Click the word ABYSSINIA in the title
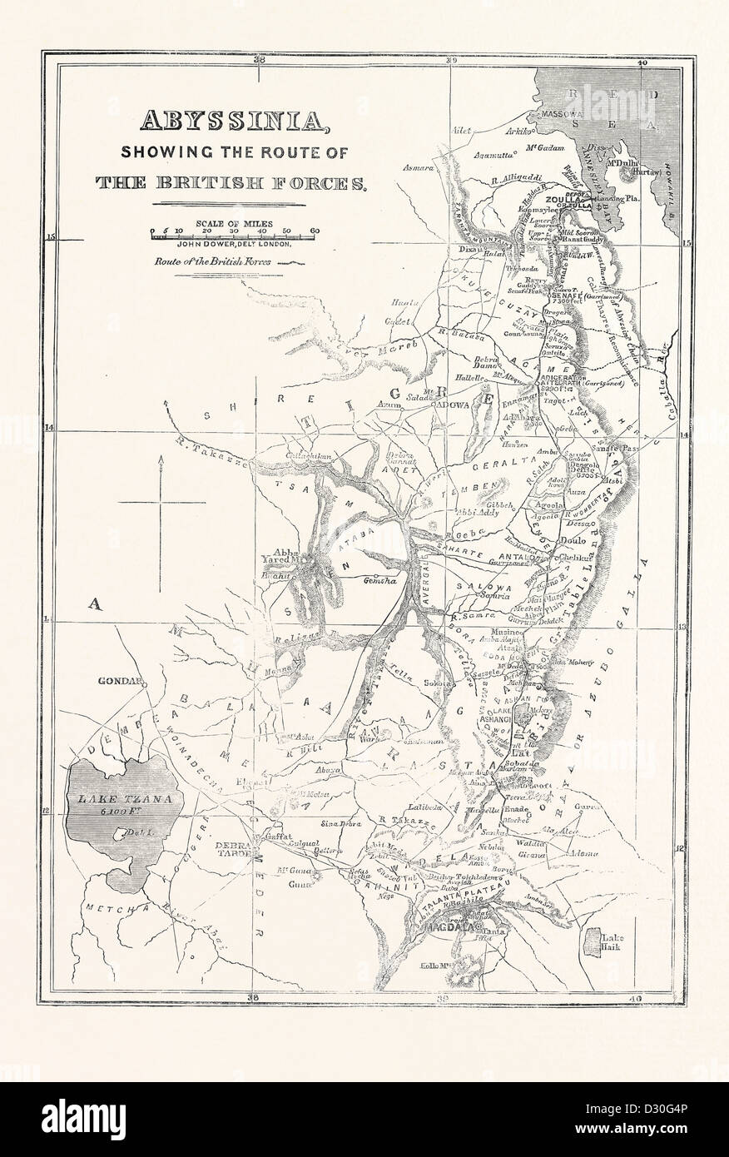(221, 122)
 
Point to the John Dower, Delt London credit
(234, 244)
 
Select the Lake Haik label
(612, 944)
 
